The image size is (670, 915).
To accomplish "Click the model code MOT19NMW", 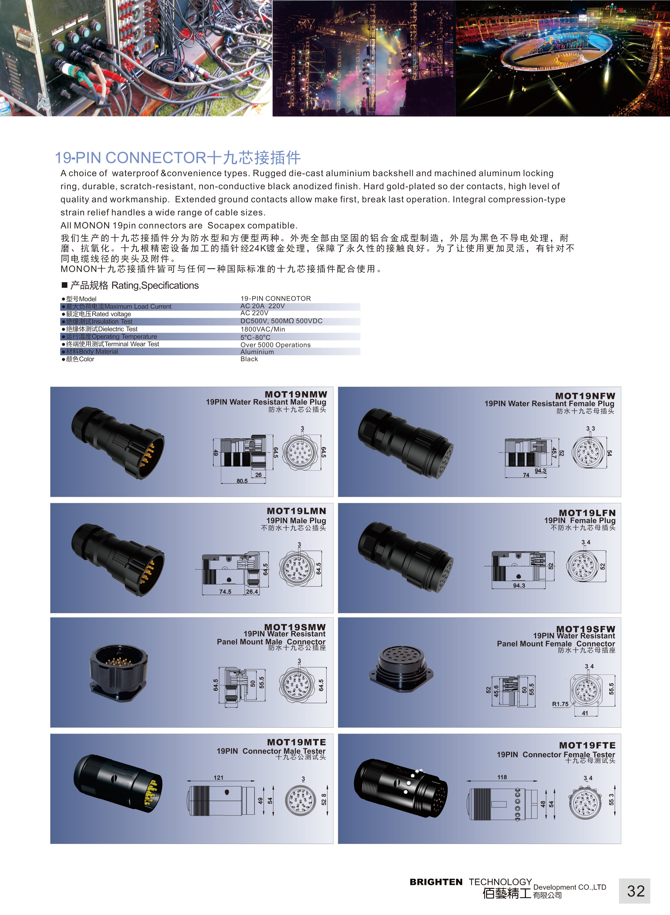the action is tap(296, 394).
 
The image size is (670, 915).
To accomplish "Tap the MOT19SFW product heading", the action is tap(586, 629).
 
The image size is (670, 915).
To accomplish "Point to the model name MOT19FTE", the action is tap(587, 745).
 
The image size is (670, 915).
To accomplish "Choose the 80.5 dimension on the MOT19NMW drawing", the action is tap(242, 481).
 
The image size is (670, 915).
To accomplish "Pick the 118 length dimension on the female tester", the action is tap(502, 777).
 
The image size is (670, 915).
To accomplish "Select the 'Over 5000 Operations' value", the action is tap(276, 345).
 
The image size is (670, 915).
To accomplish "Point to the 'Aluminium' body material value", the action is tap(257, 352).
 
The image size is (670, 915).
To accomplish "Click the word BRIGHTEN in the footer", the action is tap(436, 882).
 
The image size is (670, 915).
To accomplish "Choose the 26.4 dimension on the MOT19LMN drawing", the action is tap(252, 591).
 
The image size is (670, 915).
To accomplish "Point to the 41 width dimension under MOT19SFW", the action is tap(585, 713).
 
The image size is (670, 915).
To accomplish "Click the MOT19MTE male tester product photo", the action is tap(118, 784).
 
